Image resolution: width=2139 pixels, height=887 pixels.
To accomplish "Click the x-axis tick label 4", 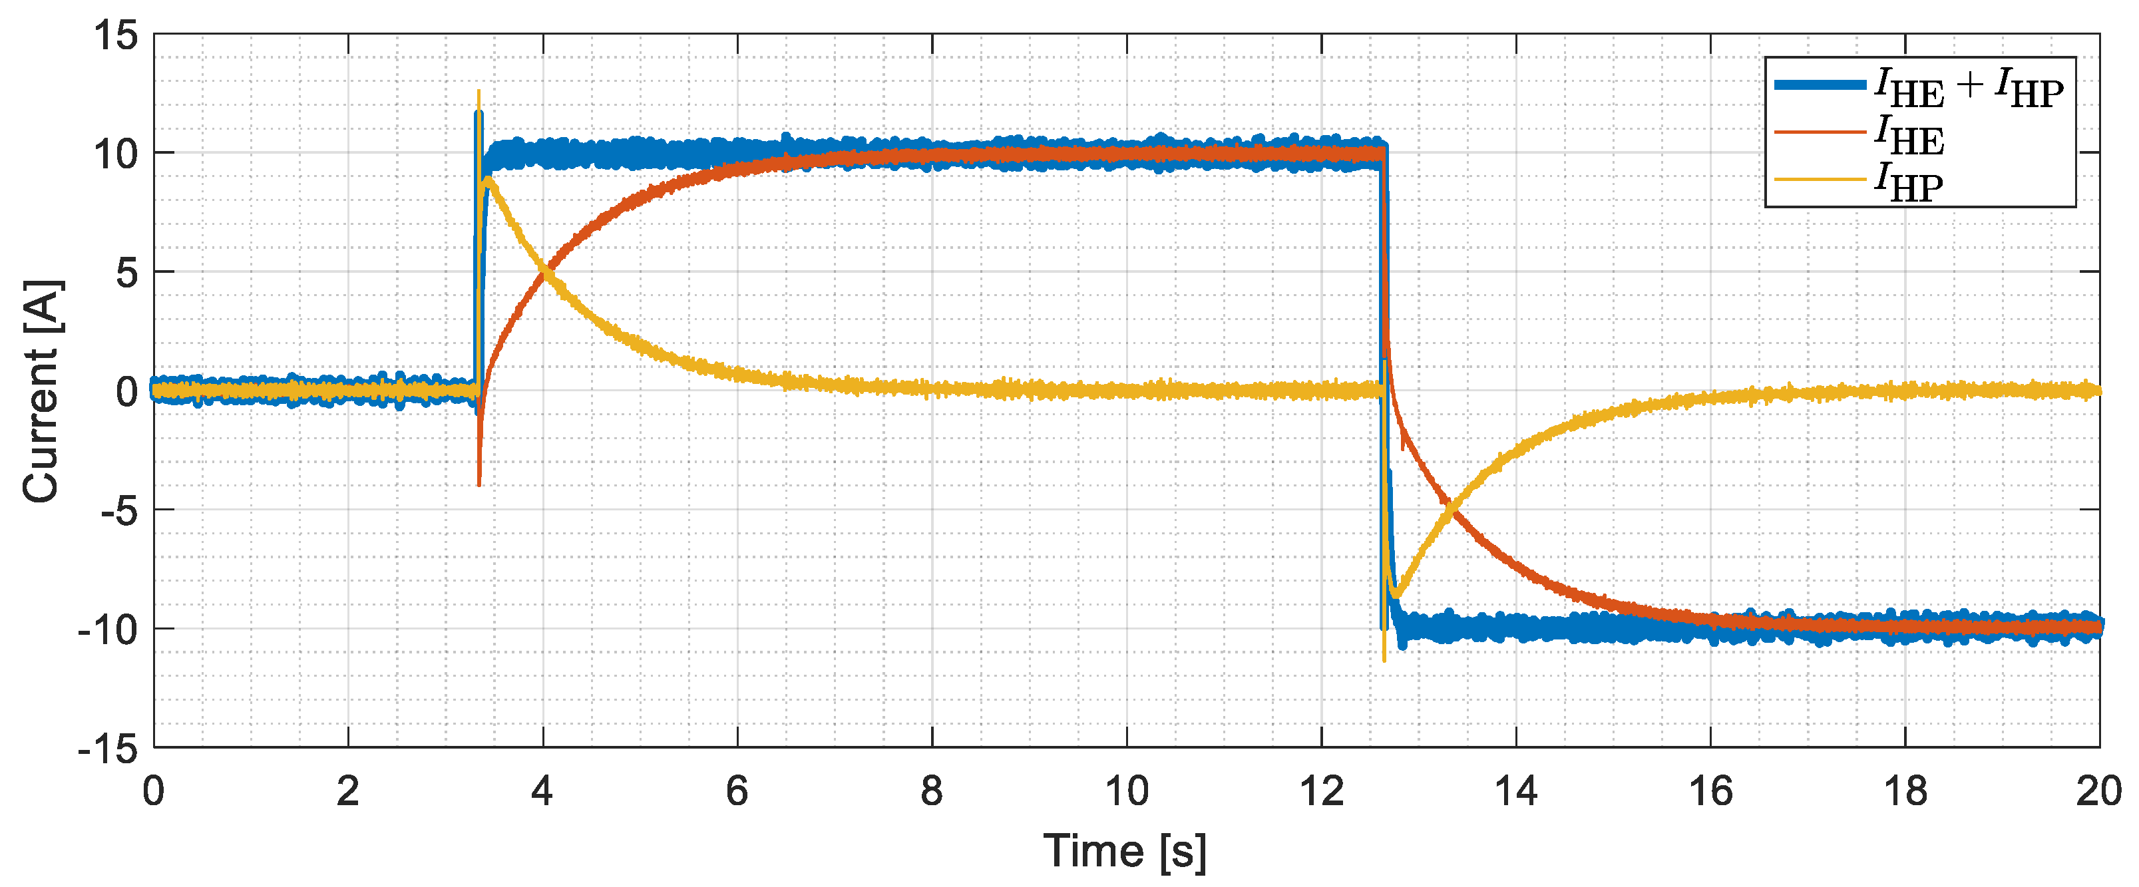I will tap(542, 791).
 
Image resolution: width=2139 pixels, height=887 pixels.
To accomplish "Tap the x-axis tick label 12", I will tap(1321, 791).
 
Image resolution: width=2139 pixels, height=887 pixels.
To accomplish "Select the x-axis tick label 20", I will tap(2098, 791).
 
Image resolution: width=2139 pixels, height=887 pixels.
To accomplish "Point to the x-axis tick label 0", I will tap(154, 791).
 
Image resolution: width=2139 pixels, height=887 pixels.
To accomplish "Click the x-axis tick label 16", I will tap(1710, 791).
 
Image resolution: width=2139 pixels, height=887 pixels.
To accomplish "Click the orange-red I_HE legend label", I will tap(1909, 134).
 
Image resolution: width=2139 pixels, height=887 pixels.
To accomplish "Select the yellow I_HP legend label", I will tap(1909, 182).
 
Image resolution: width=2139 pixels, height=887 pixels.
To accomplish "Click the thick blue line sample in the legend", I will tap(1820, 85).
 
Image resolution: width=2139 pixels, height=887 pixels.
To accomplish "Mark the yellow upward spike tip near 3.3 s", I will tap(479, 91).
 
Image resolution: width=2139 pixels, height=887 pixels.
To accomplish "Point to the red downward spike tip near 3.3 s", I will tap(479, 484).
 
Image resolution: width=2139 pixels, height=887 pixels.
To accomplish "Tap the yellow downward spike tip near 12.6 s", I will tap(1384, 659).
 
